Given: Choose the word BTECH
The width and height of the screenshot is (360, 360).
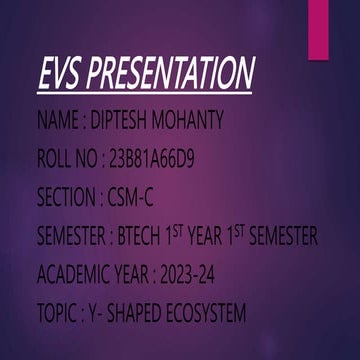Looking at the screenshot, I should [x=148, y=238].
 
